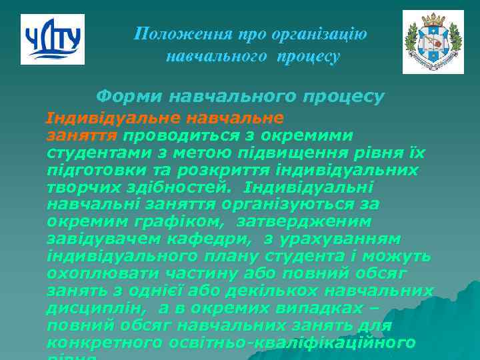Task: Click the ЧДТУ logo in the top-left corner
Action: pos(53,39)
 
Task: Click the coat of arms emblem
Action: pos(433,42)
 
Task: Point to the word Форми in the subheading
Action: pos(129,96)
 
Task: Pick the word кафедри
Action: pos(198,239)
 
